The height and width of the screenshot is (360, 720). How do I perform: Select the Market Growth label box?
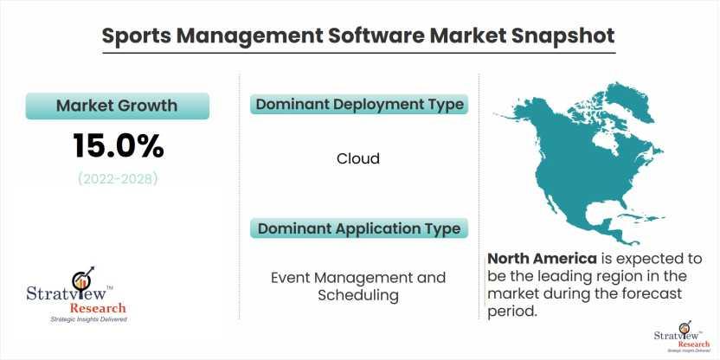(118, 106)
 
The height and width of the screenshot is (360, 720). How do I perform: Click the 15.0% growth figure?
(118, 146)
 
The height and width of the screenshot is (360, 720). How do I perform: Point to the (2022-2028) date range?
(118, 178)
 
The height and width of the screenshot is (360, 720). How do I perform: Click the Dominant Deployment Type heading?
(359, 104)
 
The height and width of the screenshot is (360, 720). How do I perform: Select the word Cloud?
(358, 159)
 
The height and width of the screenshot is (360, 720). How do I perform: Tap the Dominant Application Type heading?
(359, 228)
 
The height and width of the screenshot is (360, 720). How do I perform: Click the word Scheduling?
(358, 295)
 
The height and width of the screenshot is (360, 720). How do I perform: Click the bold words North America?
(543, 259)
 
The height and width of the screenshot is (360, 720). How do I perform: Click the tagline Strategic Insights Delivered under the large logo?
(88, 319)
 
